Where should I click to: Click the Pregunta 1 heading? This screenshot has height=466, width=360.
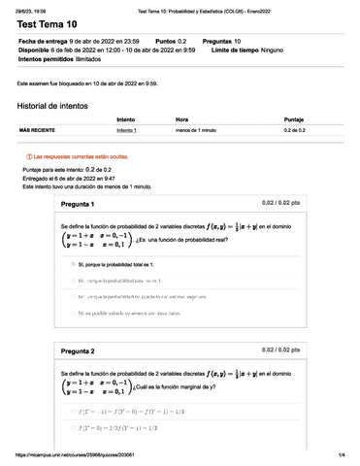click(x=78, y=205)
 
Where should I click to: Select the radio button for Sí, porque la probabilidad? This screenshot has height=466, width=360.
click(x=72, y=263)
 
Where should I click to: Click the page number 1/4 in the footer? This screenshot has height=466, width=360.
click(x=342, y=455)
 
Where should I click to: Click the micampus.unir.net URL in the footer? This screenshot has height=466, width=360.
click(x=79, y=455)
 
